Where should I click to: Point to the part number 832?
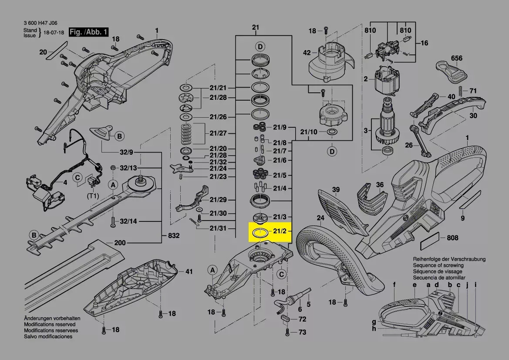173,236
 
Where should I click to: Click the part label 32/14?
128,221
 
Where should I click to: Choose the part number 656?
456,58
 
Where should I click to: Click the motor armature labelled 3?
385,127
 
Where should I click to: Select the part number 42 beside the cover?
307,53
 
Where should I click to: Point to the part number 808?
452,238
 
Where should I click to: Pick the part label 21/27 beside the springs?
218,133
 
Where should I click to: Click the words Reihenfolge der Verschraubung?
449,259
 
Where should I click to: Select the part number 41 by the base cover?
188,272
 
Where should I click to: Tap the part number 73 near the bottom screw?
302,333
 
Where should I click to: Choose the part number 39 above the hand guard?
335,189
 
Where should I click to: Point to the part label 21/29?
218,200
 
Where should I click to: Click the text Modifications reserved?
49,325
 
